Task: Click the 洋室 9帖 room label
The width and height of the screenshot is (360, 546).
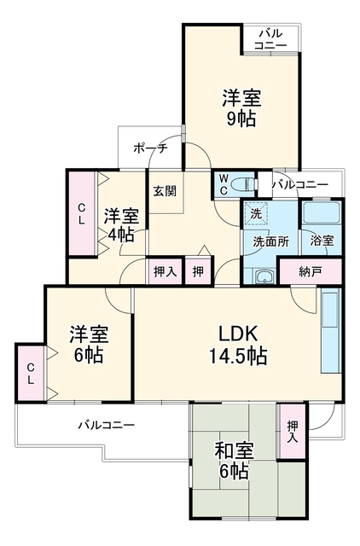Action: pos(241,107)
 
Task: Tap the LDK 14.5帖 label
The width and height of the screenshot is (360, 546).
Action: pos(238,345)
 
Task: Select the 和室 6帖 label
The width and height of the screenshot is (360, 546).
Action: pos(234,461)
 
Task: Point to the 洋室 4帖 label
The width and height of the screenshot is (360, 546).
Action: pos(121,225)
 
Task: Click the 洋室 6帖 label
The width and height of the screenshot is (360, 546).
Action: pos(89,345)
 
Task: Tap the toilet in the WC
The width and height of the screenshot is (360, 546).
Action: pos(246,184)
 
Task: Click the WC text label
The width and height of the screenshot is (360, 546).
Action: pos(224,184)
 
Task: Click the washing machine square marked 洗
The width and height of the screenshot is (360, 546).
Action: pos(256,213)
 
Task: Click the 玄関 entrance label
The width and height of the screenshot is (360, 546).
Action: pos(165,191)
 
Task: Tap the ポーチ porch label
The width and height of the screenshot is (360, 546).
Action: pos(150,148)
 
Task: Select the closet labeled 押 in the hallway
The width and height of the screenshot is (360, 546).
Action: pos(198,271)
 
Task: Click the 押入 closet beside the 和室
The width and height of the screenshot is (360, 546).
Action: pos(292,432)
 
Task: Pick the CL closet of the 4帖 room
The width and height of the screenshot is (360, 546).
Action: pos(82,213)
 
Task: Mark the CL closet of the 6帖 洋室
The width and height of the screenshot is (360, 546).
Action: pos(31,373)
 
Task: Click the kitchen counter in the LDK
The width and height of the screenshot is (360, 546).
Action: pos(330,331)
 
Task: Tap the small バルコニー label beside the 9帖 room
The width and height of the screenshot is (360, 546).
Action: pos(270,40)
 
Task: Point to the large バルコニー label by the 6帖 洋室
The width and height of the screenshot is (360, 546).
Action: pos(106,425)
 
